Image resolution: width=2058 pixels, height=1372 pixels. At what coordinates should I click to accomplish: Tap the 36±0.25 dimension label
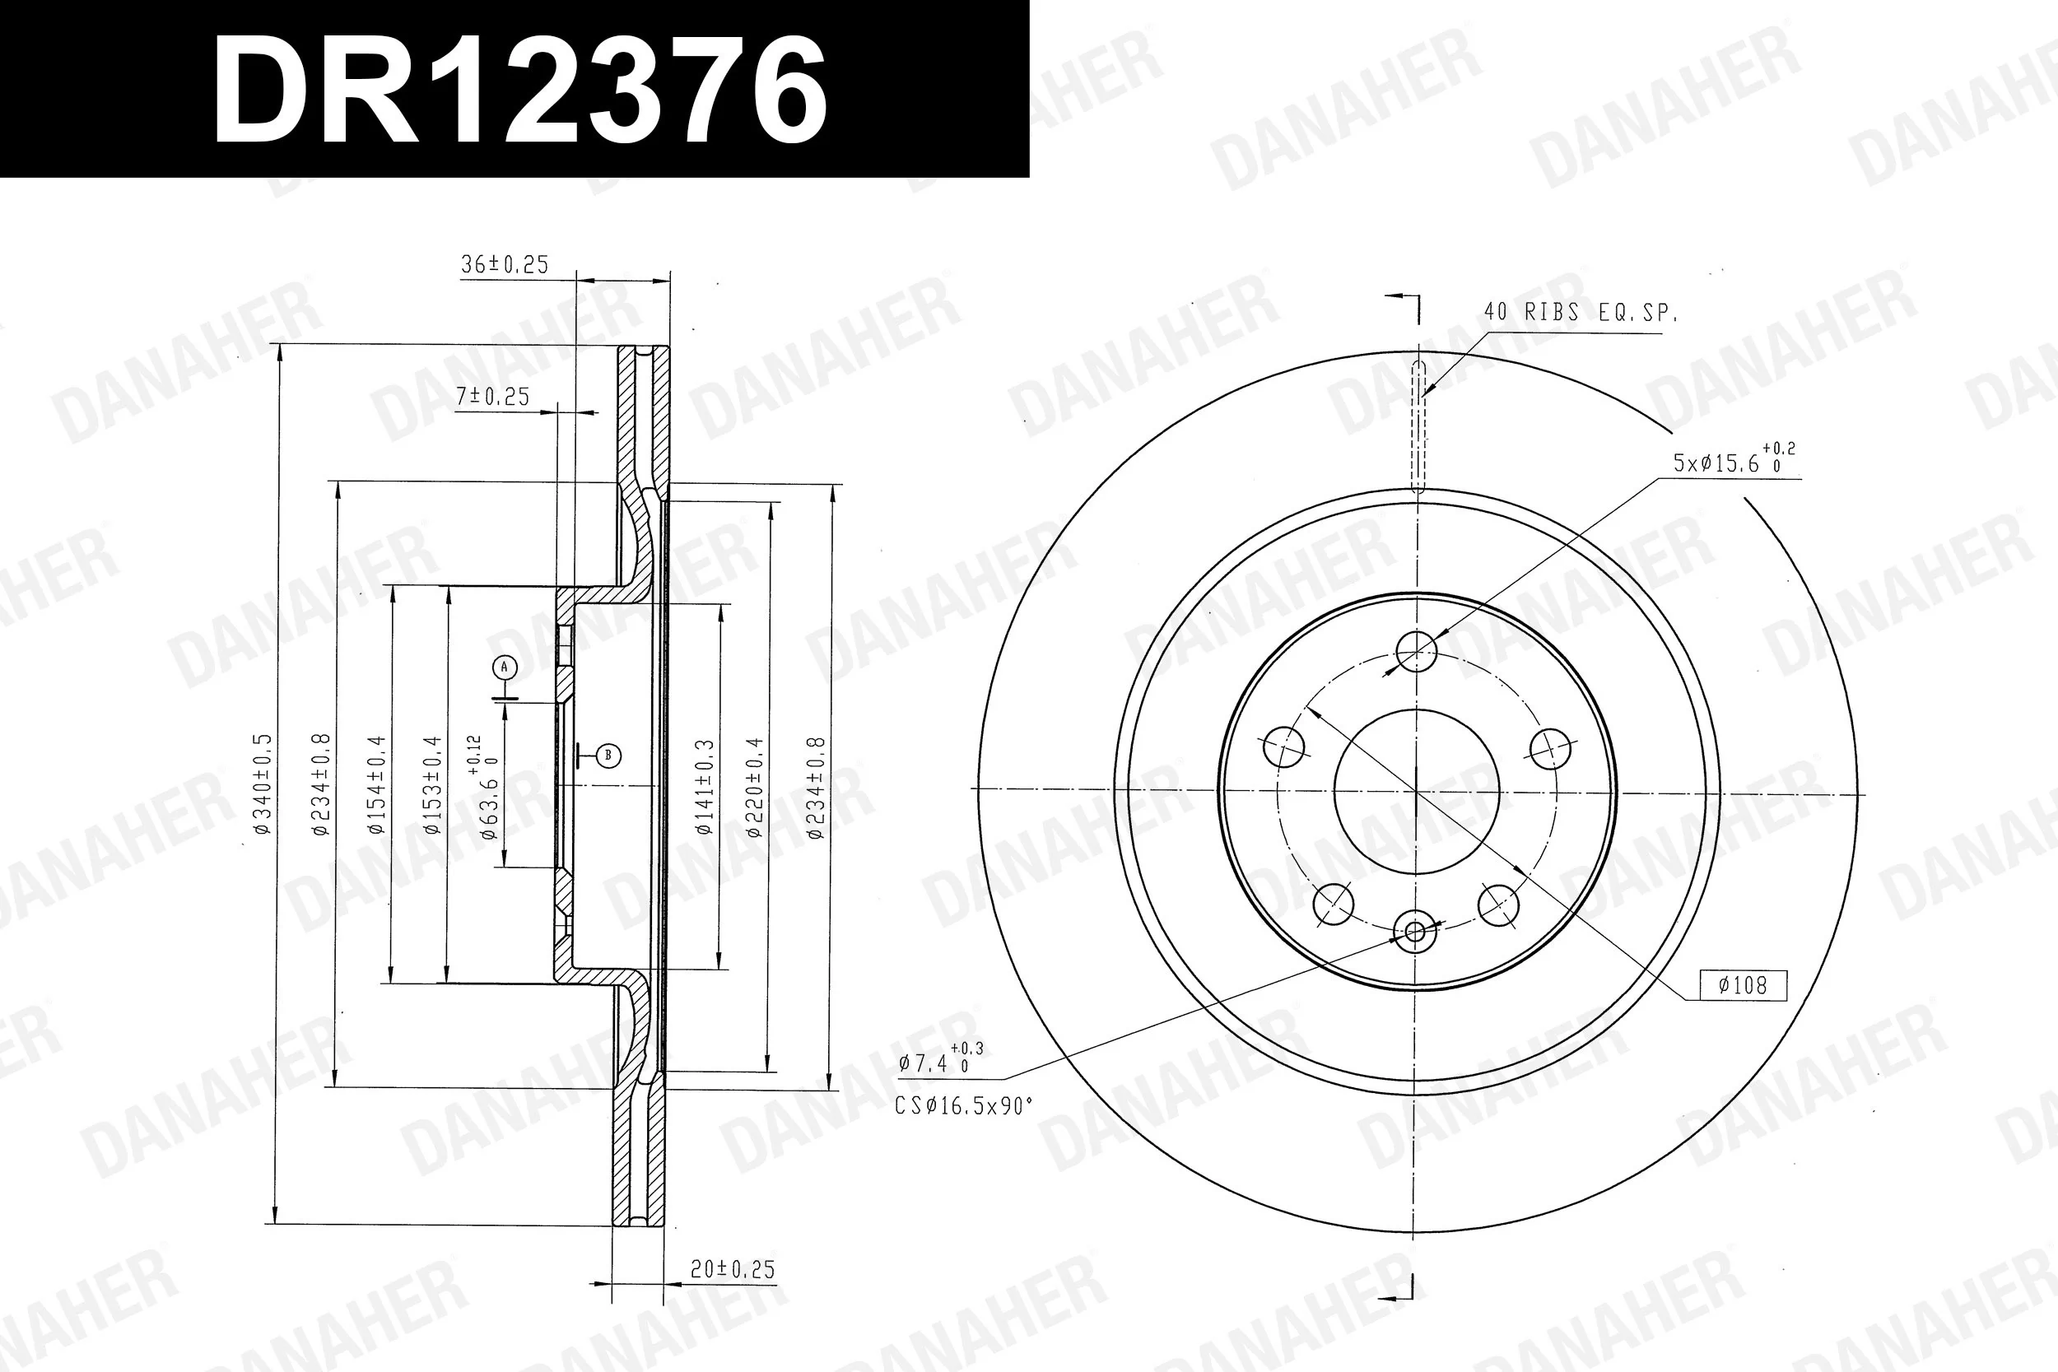(x=504, y=264)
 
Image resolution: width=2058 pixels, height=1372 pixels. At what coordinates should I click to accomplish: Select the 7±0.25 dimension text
(x=492, y=397)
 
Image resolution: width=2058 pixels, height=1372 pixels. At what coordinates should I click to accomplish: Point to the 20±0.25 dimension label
(x=733, y=1269)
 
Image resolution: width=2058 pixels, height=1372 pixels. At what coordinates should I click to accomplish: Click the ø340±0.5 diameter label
(x=263, y=784)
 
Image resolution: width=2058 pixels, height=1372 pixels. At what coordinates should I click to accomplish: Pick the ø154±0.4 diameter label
(x=376, y=784)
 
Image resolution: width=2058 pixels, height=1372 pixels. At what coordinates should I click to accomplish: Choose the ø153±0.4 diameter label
(x=432, y=784)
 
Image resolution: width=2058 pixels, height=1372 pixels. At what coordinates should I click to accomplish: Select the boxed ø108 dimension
(x=1742, y=985)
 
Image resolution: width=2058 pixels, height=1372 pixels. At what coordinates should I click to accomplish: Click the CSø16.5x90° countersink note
(x=963, y=1106)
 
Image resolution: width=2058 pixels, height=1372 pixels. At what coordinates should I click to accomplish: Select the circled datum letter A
(x=504, y=667)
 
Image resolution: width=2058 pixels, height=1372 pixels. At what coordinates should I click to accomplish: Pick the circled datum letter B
(x=608, y=755)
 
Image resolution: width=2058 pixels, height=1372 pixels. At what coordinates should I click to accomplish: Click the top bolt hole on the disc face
(x=1416, y=651)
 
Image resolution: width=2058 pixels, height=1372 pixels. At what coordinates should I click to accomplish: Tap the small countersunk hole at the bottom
(x=1415, y=931)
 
